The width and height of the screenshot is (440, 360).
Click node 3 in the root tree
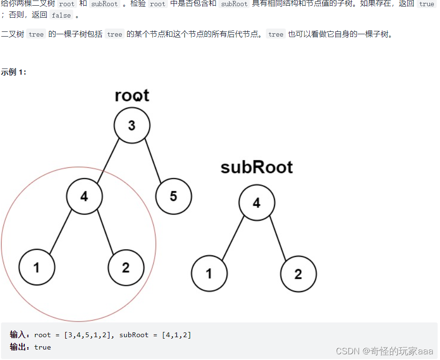132,126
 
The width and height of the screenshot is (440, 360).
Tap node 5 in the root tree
174,196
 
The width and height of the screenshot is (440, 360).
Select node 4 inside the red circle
84,196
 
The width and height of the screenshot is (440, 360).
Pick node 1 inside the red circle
37,267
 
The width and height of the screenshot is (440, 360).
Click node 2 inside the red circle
126,267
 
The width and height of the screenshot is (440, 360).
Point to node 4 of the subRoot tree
256,203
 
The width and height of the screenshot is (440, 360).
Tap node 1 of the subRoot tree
209,273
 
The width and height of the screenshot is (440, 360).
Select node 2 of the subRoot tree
298,273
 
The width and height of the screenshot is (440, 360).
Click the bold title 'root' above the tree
132,96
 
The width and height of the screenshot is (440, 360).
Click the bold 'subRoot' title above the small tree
256,167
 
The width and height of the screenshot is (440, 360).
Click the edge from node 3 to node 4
108,160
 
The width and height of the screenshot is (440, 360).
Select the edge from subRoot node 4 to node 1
233,238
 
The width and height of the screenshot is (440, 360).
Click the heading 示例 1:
14,72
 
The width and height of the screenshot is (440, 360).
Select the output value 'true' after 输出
42,347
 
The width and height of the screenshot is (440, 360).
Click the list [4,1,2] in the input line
176,335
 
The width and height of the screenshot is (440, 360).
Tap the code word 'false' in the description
61,15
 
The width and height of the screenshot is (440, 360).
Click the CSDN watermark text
384,351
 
